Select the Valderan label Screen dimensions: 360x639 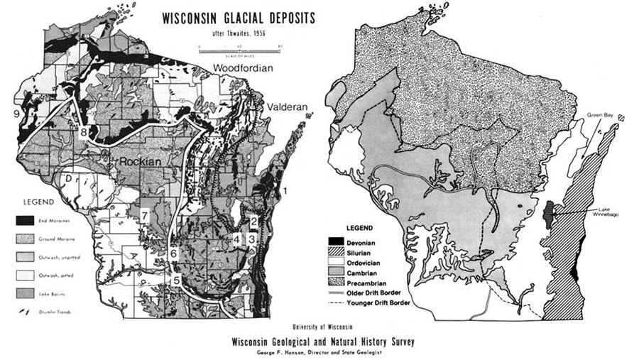click(x=287, y=107)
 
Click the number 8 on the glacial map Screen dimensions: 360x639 click(x=84, y=132)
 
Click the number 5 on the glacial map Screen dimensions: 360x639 click(x=176, y=280)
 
